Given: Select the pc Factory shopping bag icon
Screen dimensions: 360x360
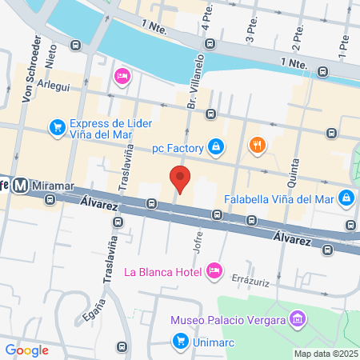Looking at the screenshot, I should tap(215, 146).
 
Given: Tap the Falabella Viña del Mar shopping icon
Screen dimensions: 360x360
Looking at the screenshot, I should tap(346, 197).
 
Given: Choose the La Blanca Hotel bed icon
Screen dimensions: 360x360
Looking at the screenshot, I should tap(214, 270).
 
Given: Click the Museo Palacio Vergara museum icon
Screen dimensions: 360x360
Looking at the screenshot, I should tap(298, 320).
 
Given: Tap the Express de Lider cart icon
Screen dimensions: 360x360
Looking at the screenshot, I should tap(57, 127).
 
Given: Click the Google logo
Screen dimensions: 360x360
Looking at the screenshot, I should tap(26, 350).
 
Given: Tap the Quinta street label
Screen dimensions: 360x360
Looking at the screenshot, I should tap(293, 170).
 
